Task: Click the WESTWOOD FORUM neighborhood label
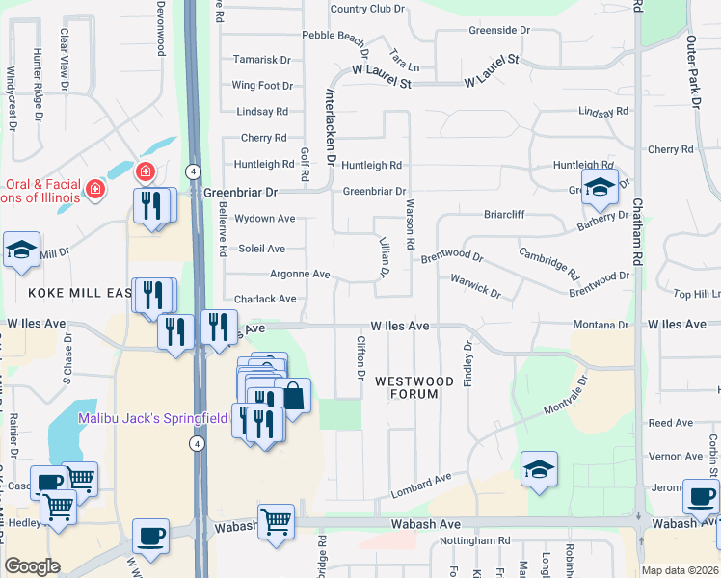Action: point(414,387)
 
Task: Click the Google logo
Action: point(32,566)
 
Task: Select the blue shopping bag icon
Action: point(293,395)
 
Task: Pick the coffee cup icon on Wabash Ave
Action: point(150,536)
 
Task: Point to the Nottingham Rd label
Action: point(471,541)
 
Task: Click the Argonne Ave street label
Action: point(300,274)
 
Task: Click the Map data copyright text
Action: point(681,570)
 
